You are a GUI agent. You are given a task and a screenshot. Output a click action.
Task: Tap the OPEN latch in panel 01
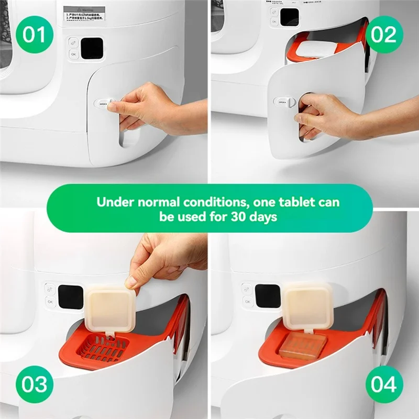pyautogui.click(x=104, y=104)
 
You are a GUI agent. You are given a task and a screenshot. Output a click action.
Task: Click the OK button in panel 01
pyautogui.click(x=73, y=54)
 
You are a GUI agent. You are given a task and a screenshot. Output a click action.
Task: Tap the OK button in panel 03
pyautogui.click(x=50, y=301)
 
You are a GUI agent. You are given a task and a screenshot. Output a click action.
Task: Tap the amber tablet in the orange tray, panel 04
pyautogui.click(x=303, y=346)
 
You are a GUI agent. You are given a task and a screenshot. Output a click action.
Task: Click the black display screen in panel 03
pyautogui.click(x=71, y=296)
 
